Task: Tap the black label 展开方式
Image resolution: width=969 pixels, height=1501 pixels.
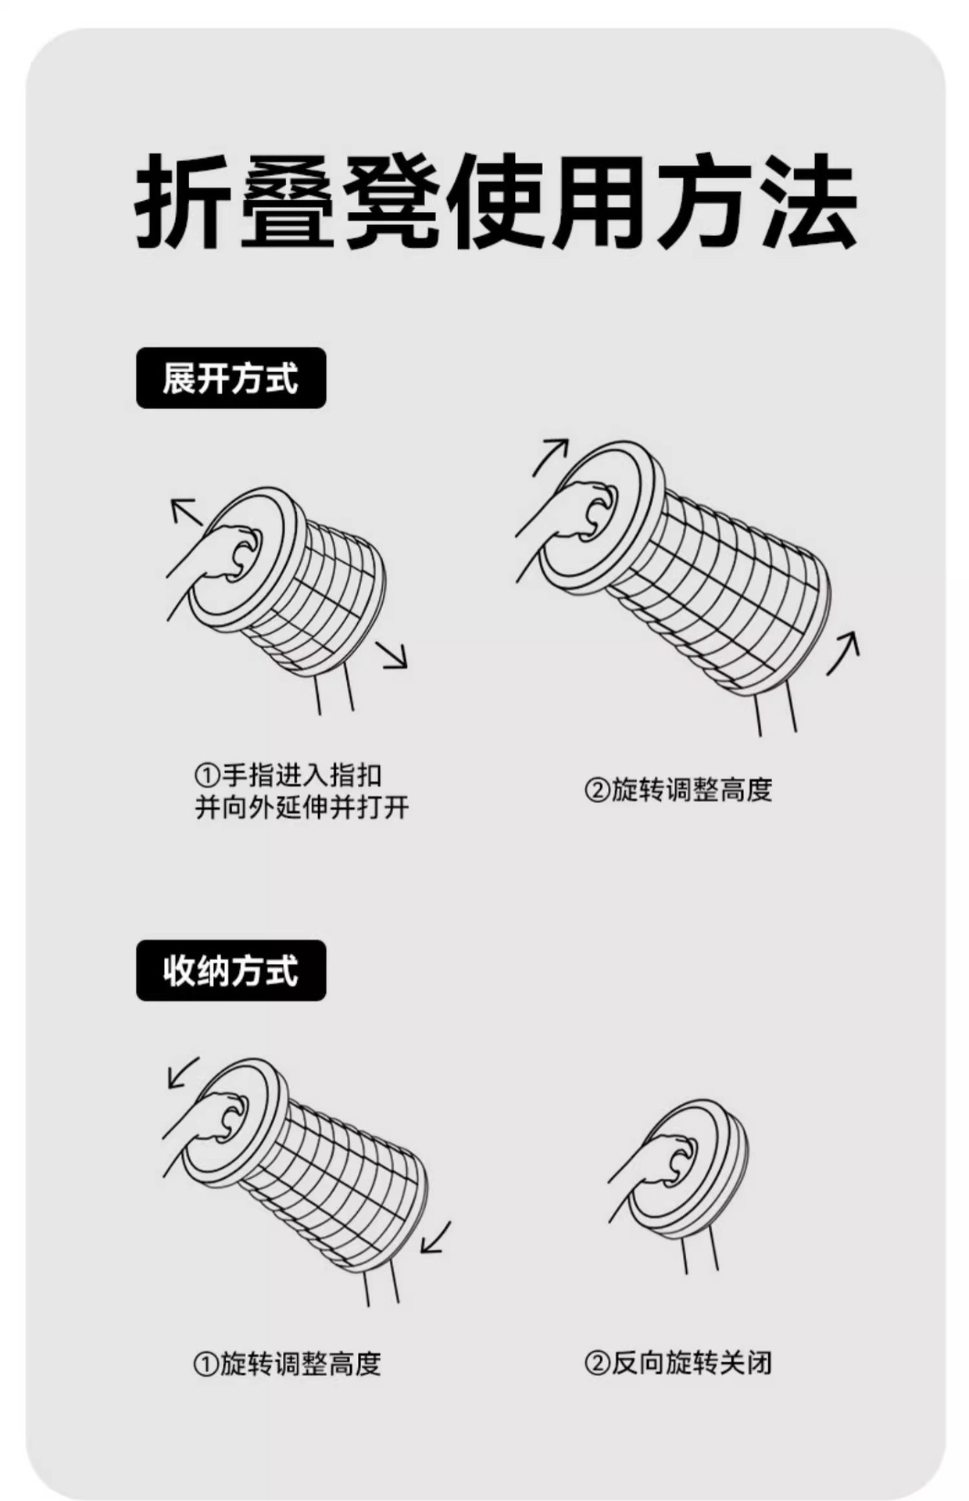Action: [231, 378]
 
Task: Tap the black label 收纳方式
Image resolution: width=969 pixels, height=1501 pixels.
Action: [231, 970]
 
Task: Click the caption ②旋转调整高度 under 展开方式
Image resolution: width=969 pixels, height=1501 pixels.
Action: [678, 790]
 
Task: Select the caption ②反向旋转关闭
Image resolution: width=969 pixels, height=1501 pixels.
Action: [678, 1363]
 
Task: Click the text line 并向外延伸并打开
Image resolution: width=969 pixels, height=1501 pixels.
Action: [302, 807]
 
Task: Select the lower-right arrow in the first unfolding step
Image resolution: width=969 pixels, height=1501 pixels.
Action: [392, 654]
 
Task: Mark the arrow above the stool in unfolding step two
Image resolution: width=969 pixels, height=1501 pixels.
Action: [550, 456]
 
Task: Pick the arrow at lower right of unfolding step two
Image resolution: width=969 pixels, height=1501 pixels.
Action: [844, 652]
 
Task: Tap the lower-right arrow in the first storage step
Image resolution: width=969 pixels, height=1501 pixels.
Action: [435, 1238]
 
